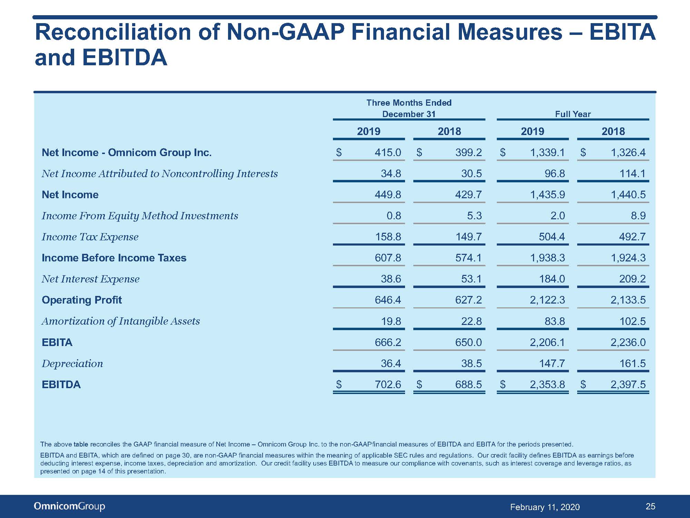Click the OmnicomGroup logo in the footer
tap(69, 506)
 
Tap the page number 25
tap(650, 506)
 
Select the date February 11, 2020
tap(545, 507)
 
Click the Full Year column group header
tap(573, 114)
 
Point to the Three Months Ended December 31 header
tap(409, 108)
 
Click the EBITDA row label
tap(61, 384)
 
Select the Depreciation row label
tap(72, 363)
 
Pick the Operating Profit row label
tap(82, 300)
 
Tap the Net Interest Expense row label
tap(90, 279)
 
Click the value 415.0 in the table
tap(388, 152)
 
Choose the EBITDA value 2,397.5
tap(628, 384)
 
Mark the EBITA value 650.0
tap(468, 342)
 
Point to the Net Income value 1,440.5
tap(628, 194)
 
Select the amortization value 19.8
tap(391, 321)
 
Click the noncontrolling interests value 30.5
tap(471, 173)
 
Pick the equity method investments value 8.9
tap(638, 215)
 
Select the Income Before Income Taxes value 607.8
tap(388, 258)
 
